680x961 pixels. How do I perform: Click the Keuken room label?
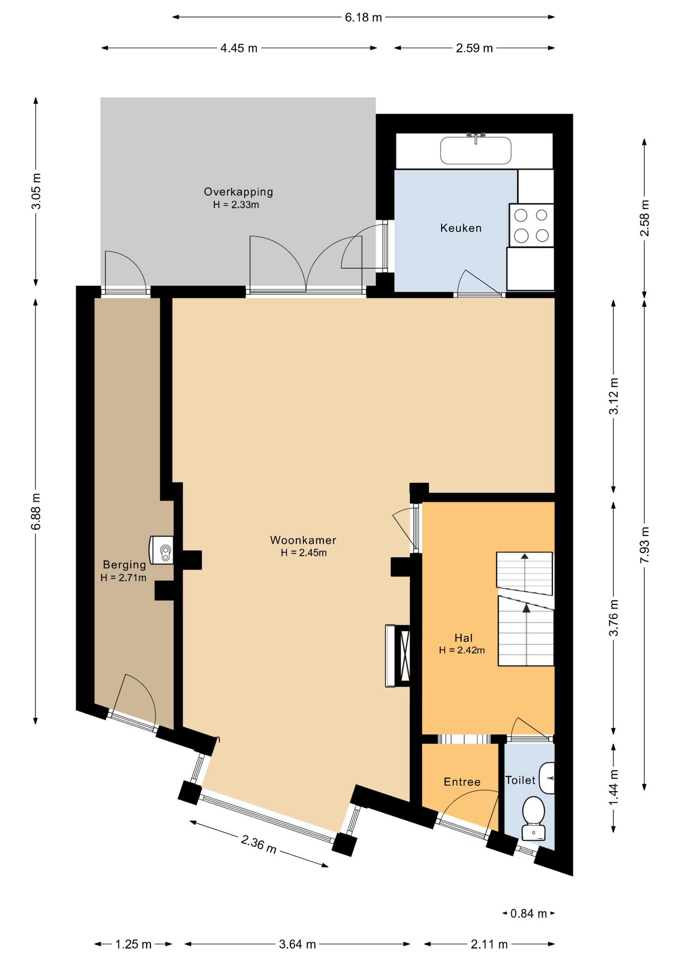(x=461, y=228)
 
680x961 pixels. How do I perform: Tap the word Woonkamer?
(x=303, y=540)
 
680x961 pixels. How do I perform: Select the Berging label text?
(x=124, y=565)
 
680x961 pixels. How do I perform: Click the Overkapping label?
(x=238, y=192)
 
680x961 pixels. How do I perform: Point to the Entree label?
(x=462, y=782)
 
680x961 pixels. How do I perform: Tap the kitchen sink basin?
(x=476, y=150)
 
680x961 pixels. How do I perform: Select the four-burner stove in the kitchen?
(x=531, y=225)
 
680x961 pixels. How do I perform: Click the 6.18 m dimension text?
(x=364, y=18)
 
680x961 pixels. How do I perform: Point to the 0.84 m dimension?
(x=528, y=913)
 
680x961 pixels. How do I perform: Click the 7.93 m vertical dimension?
(x=644, y=545)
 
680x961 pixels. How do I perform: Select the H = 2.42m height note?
(x=462, y=650)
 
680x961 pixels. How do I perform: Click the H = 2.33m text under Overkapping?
(x=236, y=205)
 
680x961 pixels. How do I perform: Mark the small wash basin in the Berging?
(x=162, y=551)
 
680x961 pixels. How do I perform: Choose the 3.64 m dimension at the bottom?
(x=297, y=944)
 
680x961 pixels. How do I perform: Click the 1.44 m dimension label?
(x=613, y=787)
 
